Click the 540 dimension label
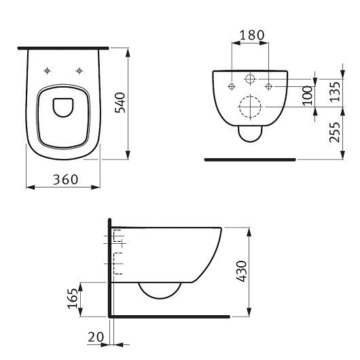coord(120,103)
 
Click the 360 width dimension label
coord(66,179)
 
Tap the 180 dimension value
coord(252,35)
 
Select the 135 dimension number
coord(335,92)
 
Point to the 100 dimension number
coord(308,96)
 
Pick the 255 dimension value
coord(335,132)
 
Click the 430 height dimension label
coord(242,271)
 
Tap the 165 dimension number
coord(73,298)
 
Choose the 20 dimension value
coord(96,338)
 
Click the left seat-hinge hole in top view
coord(48,71)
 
